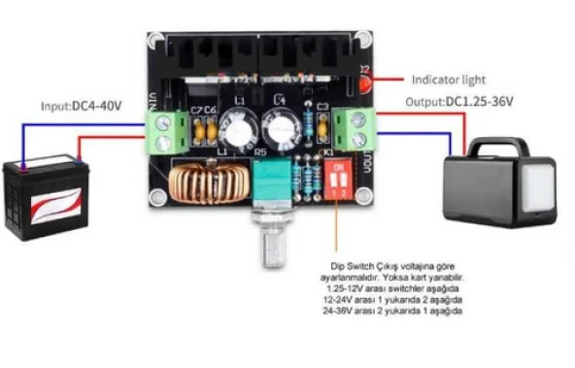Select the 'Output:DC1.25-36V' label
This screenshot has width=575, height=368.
(x=459, y=100)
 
